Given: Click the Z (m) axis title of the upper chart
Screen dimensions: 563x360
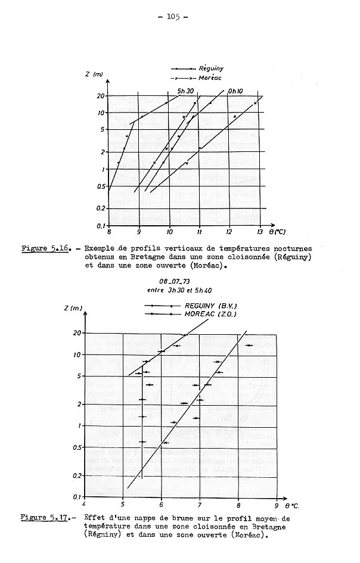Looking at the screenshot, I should click(94, 73).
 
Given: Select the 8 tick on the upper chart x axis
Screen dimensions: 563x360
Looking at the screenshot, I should click(108, 232).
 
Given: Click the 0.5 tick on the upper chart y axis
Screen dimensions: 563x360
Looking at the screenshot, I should click(101, 186).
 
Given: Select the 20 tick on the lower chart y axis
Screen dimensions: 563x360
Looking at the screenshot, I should click(76, 333).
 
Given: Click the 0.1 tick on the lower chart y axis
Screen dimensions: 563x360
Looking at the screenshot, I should click(76, 497).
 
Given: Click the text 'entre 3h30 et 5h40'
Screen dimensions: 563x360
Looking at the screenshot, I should click(175, 291).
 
